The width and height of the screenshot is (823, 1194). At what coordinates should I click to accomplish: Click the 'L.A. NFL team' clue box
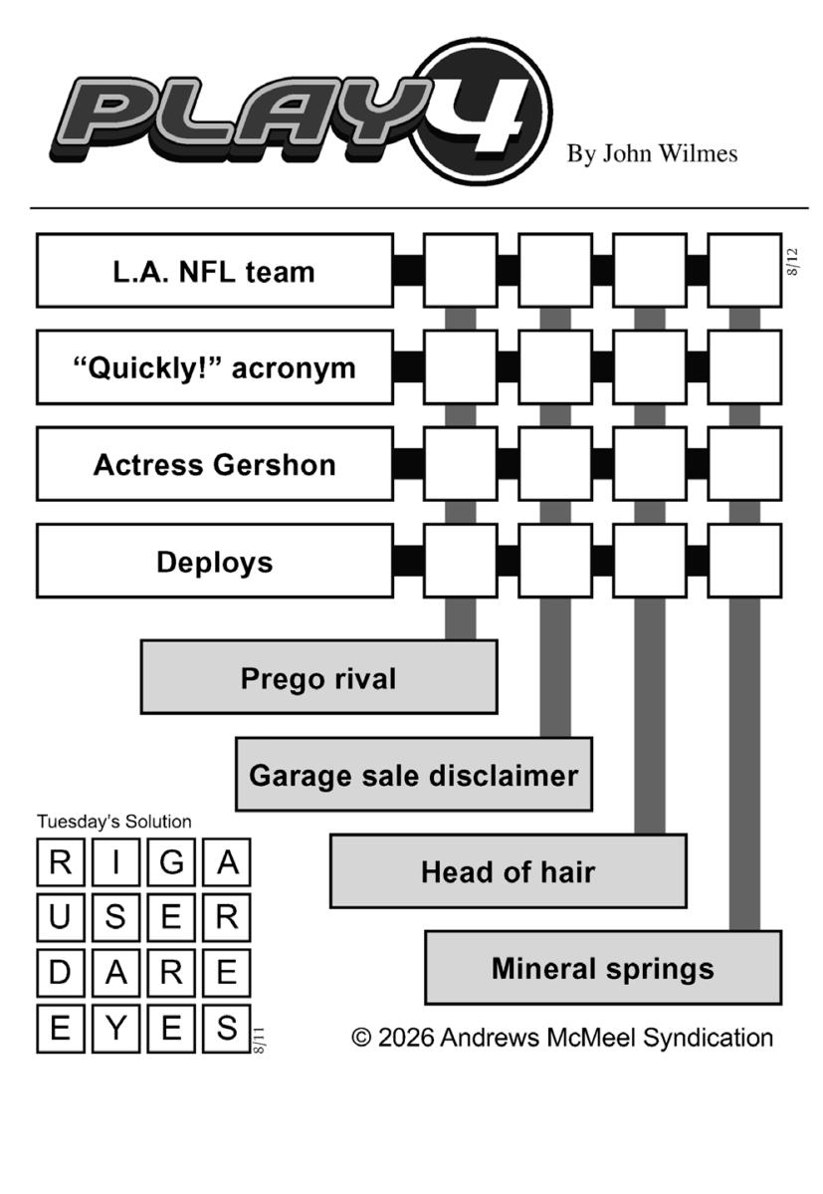pos(215,271)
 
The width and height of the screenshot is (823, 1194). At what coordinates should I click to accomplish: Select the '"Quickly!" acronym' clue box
pos(215,367)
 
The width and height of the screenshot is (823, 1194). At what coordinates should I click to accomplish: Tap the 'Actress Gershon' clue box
pos(215,464)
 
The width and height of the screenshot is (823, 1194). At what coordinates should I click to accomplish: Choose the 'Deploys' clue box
pos(215,562)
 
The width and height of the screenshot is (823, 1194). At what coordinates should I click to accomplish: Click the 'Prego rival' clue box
pos(318,678)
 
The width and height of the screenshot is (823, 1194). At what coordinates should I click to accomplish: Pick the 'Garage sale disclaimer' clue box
pos(414,775)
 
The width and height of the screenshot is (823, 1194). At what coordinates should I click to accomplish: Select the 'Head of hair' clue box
pos(509,871)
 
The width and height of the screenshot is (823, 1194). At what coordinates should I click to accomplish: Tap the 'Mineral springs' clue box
pos(603,968)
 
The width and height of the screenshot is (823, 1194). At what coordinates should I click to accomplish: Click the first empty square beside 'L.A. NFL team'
pos(460,271)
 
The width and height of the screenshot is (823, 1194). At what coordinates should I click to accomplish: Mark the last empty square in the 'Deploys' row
pos(744,562)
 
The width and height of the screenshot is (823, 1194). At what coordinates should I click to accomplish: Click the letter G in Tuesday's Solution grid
pos(171,862)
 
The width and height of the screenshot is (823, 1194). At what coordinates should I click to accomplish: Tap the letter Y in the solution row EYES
pos(115,1029)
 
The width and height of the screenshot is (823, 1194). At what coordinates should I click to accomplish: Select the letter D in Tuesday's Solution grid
pos(60,973)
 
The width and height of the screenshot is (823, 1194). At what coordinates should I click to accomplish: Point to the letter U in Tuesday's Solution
pos(60,918)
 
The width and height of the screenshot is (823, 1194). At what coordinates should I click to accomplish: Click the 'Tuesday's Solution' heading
pos(114,822)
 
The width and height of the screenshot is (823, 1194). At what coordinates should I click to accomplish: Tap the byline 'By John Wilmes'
pos(652,153)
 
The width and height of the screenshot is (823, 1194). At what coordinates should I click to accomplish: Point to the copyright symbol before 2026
pos(361,1038)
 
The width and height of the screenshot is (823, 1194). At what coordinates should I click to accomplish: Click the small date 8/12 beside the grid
pos(792,262)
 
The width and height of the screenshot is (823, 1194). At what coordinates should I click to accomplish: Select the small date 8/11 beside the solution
pos(259,1041)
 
